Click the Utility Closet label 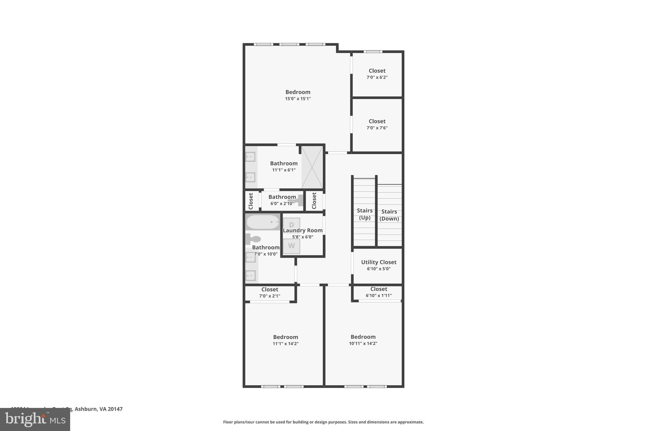click(378, 262)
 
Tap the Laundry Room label click(303, 230)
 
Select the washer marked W click(291, 246)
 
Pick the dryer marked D click(291, 224)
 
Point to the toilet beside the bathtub click(253, 239)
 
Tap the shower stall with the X click(312, 167)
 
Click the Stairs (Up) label click(365, 214)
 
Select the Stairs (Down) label click(389, 215)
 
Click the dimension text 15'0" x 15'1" click(298, 99)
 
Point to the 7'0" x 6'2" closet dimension click(377, 77)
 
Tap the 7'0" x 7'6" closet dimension click(377, 128)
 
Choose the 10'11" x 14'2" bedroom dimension click(363, 344)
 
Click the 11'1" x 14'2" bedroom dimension click(286, 344)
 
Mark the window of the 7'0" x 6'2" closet click(373, 52)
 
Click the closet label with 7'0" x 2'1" click(269, 290)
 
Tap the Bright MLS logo click(35, 419)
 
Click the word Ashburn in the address click(85, 409)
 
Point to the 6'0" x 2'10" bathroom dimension click(282, 204)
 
